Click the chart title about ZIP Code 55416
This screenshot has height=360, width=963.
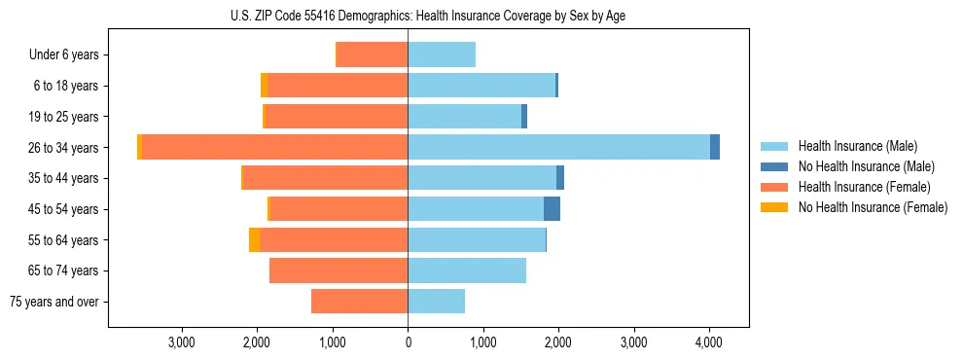pos(428,16)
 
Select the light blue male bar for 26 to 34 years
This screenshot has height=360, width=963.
pos(558,147)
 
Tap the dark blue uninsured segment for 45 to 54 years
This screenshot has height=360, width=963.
pos(552,208)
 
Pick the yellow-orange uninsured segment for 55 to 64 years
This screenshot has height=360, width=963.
pos(254,239)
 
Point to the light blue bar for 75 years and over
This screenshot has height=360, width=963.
pos(436,301)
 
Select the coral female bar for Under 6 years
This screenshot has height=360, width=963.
pos(372,54)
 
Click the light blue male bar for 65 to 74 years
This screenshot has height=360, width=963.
pos(467,270)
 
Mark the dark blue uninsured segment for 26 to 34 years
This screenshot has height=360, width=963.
pos(715,147)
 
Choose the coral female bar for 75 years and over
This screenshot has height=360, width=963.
pos(359,301)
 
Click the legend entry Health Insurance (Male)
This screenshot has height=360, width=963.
pos(857,146)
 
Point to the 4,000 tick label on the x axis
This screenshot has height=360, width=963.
pos(708,342)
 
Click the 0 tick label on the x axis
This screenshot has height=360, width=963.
pos(408,342)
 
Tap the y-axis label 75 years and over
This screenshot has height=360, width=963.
pos(54,302)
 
